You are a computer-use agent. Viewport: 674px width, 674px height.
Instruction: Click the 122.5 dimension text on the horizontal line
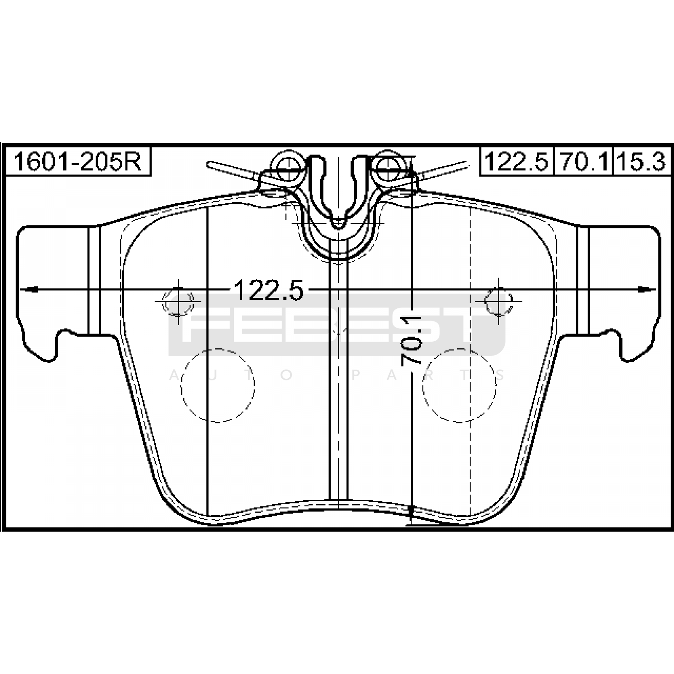(268, 290)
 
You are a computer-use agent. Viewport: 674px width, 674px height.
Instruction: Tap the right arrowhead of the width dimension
(647, 289)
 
